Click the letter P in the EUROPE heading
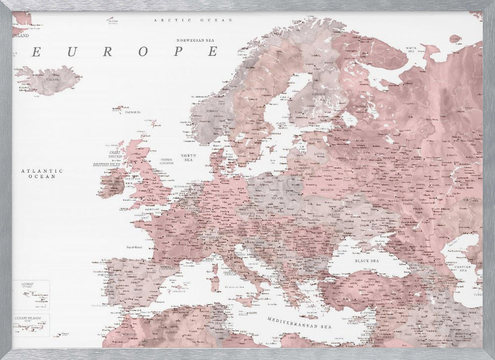(179, 51)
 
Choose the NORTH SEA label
(189, 157)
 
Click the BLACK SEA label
(366, 260)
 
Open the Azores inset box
(31, 294)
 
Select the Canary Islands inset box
(31, 325)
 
